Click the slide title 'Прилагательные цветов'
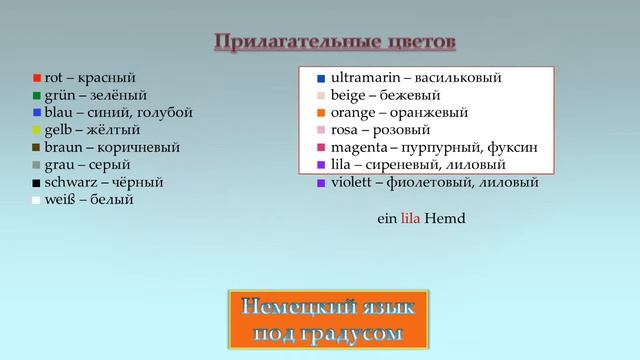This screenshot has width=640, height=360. coord(335,42)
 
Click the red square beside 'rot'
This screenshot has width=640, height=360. coord(36,78)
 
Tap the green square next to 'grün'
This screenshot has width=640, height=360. coord(36,96)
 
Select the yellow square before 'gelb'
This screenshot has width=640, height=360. coord(36,131)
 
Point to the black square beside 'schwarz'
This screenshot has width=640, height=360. coord(36,184)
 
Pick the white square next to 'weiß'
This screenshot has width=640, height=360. coord(36,201)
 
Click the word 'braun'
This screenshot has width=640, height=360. coord(63,148)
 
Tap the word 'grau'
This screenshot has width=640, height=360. coord(59,166)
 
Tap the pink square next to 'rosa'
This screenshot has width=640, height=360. coord(320,131)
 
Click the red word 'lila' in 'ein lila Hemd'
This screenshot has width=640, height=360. coord(410,218)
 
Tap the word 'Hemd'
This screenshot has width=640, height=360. coord(446,218)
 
